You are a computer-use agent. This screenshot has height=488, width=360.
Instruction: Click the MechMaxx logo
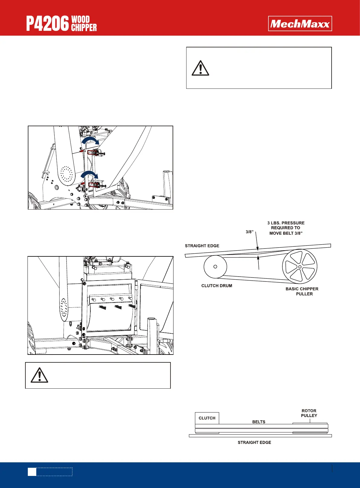(300, 24)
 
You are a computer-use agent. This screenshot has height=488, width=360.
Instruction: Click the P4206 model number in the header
(47, 24)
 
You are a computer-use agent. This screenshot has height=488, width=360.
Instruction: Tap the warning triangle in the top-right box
(200, 68)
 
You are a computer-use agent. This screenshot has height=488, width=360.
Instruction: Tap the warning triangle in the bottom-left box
(39, 375)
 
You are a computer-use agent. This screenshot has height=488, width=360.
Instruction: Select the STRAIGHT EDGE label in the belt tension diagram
(202, 246)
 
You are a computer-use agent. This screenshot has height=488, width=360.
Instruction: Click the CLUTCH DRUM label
(217, 286)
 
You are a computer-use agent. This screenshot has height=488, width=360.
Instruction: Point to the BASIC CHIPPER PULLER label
(302, 291)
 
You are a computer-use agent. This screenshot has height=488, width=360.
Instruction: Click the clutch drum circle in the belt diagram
(215, 267)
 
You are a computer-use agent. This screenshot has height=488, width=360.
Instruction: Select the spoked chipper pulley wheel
(300, 267)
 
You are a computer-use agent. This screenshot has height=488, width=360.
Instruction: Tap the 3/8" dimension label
(249, 232)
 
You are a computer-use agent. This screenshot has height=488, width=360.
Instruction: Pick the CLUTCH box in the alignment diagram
(207, 418)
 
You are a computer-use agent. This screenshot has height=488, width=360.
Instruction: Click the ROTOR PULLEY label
(309, 413)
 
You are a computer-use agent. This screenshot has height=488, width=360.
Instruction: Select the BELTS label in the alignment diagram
(259, 422)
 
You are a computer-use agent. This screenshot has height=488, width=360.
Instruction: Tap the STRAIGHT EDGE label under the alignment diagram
(254, 442)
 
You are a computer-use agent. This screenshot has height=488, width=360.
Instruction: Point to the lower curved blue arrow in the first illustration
(90, 175)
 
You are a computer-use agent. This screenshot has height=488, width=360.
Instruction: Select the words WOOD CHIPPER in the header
(84, 24)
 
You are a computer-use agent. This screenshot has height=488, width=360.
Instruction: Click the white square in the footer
(32, 472)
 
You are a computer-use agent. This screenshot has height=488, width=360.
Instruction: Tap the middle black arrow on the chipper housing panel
(118, 307)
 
